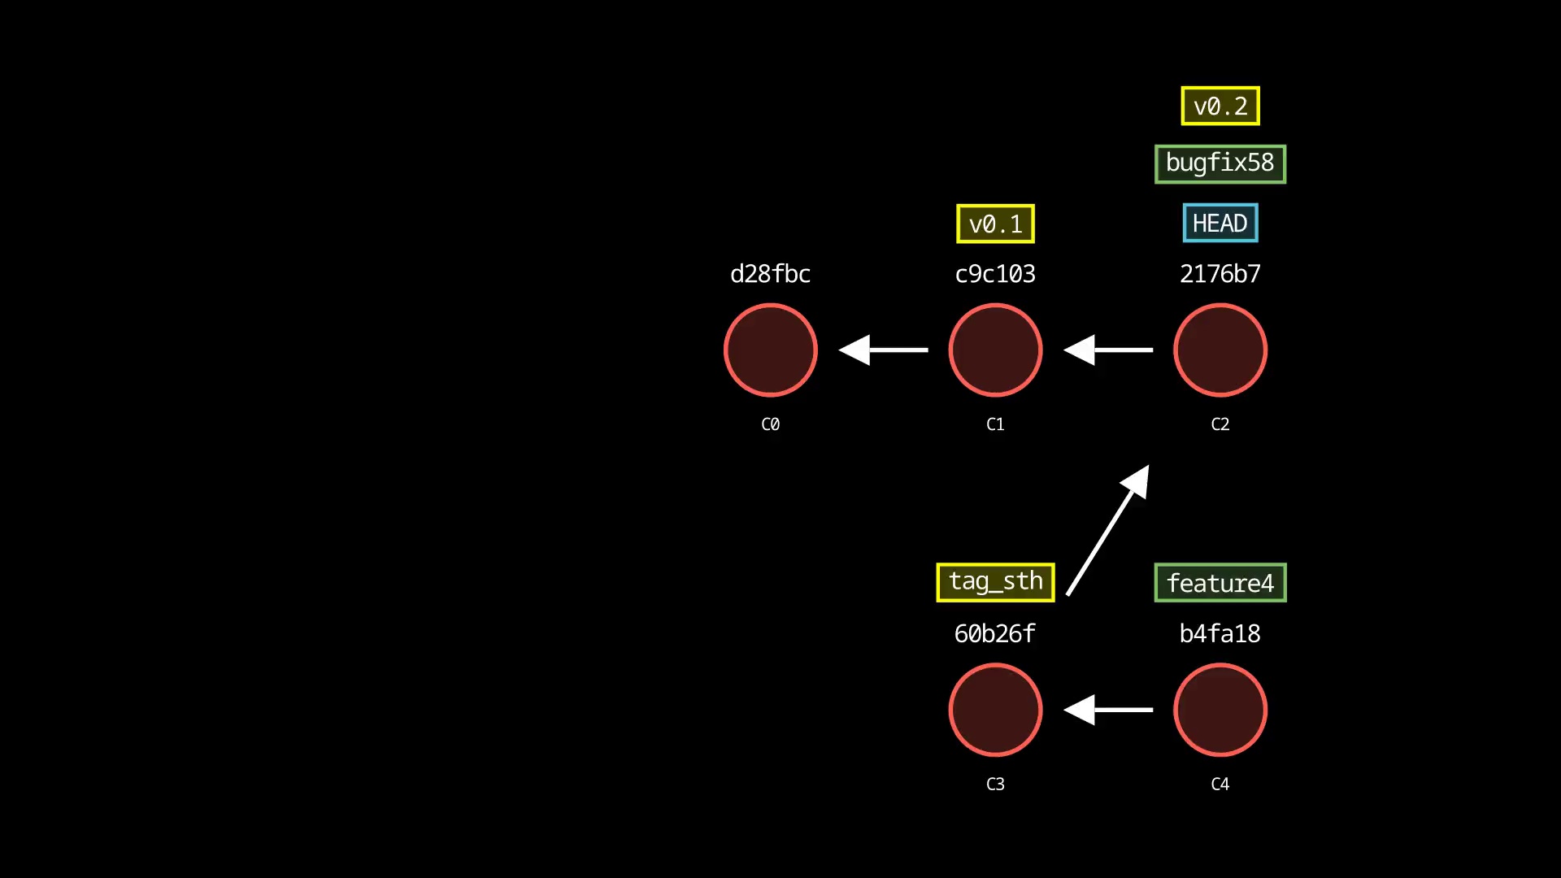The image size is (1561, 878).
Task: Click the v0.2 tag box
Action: click(x=1220, y=106)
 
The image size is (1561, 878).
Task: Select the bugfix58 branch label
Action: click(x=1220, y=163)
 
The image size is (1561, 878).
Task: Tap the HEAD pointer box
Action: click(x=1220, y=223)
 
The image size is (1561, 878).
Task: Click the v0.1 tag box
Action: click(x=995, y=224)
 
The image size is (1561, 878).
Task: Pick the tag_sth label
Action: click(x=995, y=582)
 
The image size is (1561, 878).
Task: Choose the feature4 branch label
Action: click(x=1220, y=583)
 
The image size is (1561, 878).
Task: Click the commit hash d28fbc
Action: click(x=770, y=274)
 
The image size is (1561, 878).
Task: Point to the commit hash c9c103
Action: click(x=995, y=274)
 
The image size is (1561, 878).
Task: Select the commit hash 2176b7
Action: click(x=1220, y=274)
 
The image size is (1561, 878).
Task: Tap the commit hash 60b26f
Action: click(x=995, y=633)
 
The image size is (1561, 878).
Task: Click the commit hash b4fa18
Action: click(x=1220, y=633)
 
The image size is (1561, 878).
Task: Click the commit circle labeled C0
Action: click(x=770, y=350)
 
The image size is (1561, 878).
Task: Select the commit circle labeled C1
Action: click(x=995, y=350)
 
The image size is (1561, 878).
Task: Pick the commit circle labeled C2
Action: click(x=1220, y=350)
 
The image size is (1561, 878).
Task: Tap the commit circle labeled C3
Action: click(x=995, y=710)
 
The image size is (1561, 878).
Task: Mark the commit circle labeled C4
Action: click(x=1220, y=710)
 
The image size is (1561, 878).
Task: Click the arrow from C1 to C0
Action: click(x=884, y=350)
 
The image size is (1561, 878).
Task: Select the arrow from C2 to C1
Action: click(x=1108, y=350)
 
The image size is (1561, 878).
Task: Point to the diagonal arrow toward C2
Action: click(x=1107, y=530)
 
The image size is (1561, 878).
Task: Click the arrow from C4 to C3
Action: click(x=1108, y=710)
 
